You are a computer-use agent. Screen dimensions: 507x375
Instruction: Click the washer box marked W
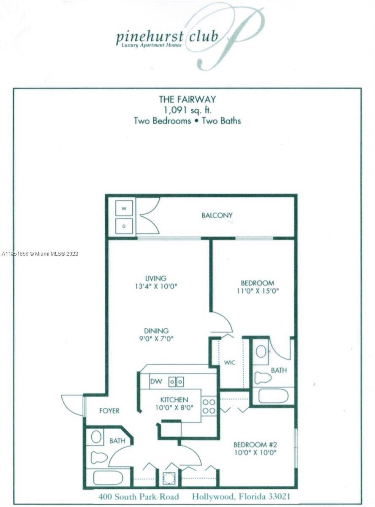[x=124, y=208]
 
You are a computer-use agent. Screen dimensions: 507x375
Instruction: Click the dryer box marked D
[x=124, y=226]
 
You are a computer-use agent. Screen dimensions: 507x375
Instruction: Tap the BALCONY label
[x=217, y=215]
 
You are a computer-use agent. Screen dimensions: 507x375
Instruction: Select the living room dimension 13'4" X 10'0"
[x=155, y=286]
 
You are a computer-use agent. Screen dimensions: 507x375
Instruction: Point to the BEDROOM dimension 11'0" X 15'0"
[x=257, y=291]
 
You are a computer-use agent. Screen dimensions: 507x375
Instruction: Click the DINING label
[x=156, y=330]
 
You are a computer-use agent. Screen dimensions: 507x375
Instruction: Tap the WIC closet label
[x=230, y=363]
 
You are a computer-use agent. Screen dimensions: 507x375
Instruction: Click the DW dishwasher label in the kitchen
[x=156, y=382]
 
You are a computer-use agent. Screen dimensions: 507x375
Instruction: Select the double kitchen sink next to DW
[x=176, y=382]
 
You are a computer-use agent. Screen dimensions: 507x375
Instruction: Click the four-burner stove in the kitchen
[x=209, y=406]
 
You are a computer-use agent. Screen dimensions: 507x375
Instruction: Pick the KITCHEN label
[x=174, y=399]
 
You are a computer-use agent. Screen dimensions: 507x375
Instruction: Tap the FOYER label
[x=109, y=410]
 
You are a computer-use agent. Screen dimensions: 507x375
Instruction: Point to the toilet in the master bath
[x=263, y=377]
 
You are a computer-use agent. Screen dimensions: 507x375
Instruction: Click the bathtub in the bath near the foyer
[x=108, y=478]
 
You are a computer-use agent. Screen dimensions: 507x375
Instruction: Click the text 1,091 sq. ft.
[x=187, y=110]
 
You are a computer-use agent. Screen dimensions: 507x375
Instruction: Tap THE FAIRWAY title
[x=187, y=99]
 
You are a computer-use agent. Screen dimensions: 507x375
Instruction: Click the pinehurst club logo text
[x=167, y=37]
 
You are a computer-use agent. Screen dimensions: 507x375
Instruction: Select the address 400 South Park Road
[x=139, y=496]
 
